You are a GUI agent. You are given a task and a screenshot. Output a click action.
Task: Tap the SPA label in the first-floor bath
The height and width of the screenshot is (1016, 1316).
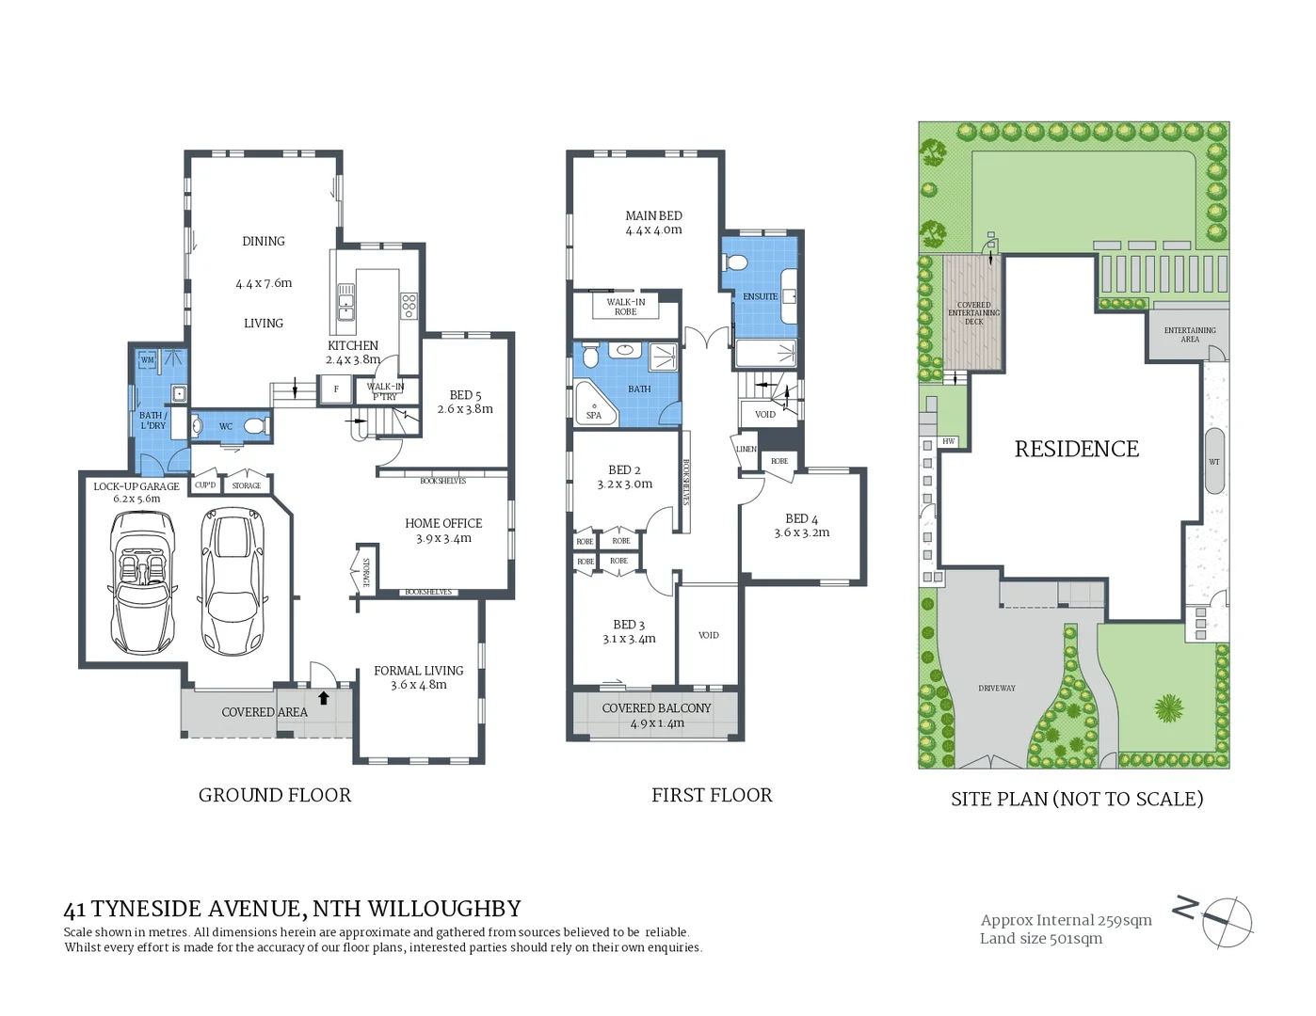594,415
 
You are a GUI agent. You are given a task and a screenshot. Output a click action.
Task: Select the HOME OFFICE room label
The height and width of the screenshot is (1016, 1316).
443,523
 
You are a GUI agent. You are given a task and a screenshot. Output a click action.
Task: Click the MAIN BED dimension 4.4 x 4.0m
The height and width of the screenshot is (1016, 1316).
653,230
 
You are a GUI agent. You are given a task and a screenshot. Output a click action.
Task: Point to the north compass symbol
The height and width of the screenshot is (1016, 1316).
1225,920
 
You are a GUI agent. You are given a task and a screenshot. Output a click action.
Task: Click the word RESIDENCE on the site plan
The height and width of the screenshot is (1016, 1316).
1076,450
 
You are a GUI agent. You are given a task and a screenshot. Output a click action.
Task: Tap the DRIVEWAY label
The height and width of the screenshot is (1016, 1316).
996,689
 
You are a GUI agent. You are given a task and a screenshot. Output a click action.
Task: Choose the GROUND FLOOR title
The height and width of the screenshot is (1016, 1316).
275,796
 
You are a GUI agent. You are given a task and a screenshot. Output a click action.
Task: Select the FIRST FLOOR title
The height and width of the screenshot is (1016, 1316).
712,796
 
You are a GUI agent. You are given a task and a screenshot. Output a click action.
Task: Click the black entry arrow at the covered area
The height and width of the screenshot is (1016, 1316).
324,698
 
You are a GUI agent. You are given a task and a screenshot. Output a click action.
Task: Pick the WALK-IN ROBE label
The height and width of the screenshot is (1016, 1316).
626,307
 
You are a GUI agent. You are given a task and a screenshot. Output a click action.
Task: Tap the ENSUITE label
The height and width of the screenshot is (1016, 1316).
760,296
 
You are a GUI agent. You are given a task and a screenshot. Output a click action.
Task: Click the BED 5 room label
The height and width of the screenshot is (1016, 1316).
465,395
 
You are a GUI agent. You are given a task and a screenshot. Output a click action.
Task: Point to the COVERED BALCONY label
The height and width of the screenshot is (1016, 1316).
656,708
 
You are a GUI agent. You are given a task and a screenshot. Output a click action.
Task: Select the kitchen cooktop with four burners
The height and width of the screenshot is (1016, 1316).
409,305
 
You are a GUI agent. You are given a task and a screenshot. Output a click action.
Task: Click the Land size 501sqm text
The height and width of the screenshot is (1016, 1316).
1040,939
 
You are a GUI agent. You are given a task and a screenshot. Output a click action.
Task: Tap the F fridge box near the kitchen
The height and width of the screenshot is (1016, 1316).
336,389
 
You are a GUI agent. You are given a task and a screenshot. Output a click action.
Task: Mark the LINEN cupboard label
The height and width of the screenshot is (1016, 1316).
746,450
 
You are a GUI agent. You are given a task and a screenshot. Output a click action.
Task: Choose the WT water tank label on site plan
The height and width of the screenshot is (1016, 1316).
1214,462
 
